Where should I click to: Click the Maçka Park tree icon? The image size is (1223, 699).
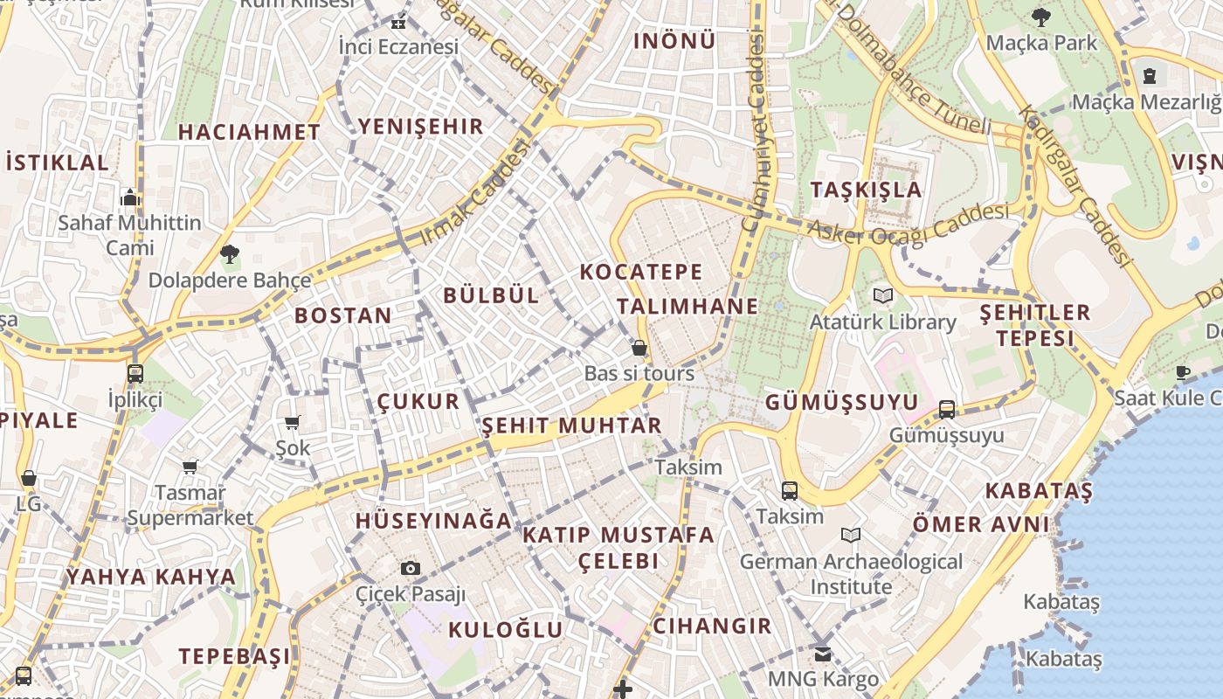(1040, 16)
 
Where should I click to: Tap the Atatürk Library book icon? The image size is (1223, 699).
(883, 296)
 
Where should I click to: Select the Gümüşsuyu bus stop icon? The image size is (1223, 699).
(946, 409)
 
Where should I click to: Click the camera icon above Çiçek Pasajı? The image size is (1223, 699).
(411, 568)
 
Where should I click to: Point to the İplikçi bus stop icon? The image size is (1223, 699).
(135, 374)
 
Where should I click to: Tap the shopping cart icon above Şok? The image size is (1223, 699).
(293, 422)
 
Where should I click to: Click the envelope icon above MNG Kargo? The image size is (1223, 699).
(823, 653)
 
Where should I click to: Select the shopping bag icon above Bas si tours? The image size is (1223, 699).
(639, 348)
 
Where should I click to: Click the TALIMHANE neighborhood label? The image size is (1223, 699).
(688, 306)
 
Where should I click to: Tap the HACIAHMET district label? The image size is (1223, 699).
(249, 132)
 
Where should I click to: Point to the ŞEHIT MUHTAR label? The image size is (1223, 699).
(572, 426)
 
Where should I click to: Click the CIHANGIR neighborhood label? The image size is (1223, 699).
(712, 626)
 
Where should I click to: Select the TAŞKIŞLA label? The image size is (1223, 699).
(866, 190)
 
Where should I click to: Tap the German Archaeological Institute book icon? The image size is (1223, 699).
(850, 535)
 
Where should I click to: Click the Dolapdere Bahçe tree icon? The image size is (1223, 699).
(230, 255)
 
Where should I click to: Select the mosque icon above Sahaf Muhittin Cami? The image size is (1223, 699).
(130, 197)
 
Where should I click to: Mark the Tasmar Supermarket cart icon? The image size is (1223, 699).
(190, 467)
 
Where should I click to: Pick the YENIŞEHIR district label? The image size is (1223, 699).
(420, 126)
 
